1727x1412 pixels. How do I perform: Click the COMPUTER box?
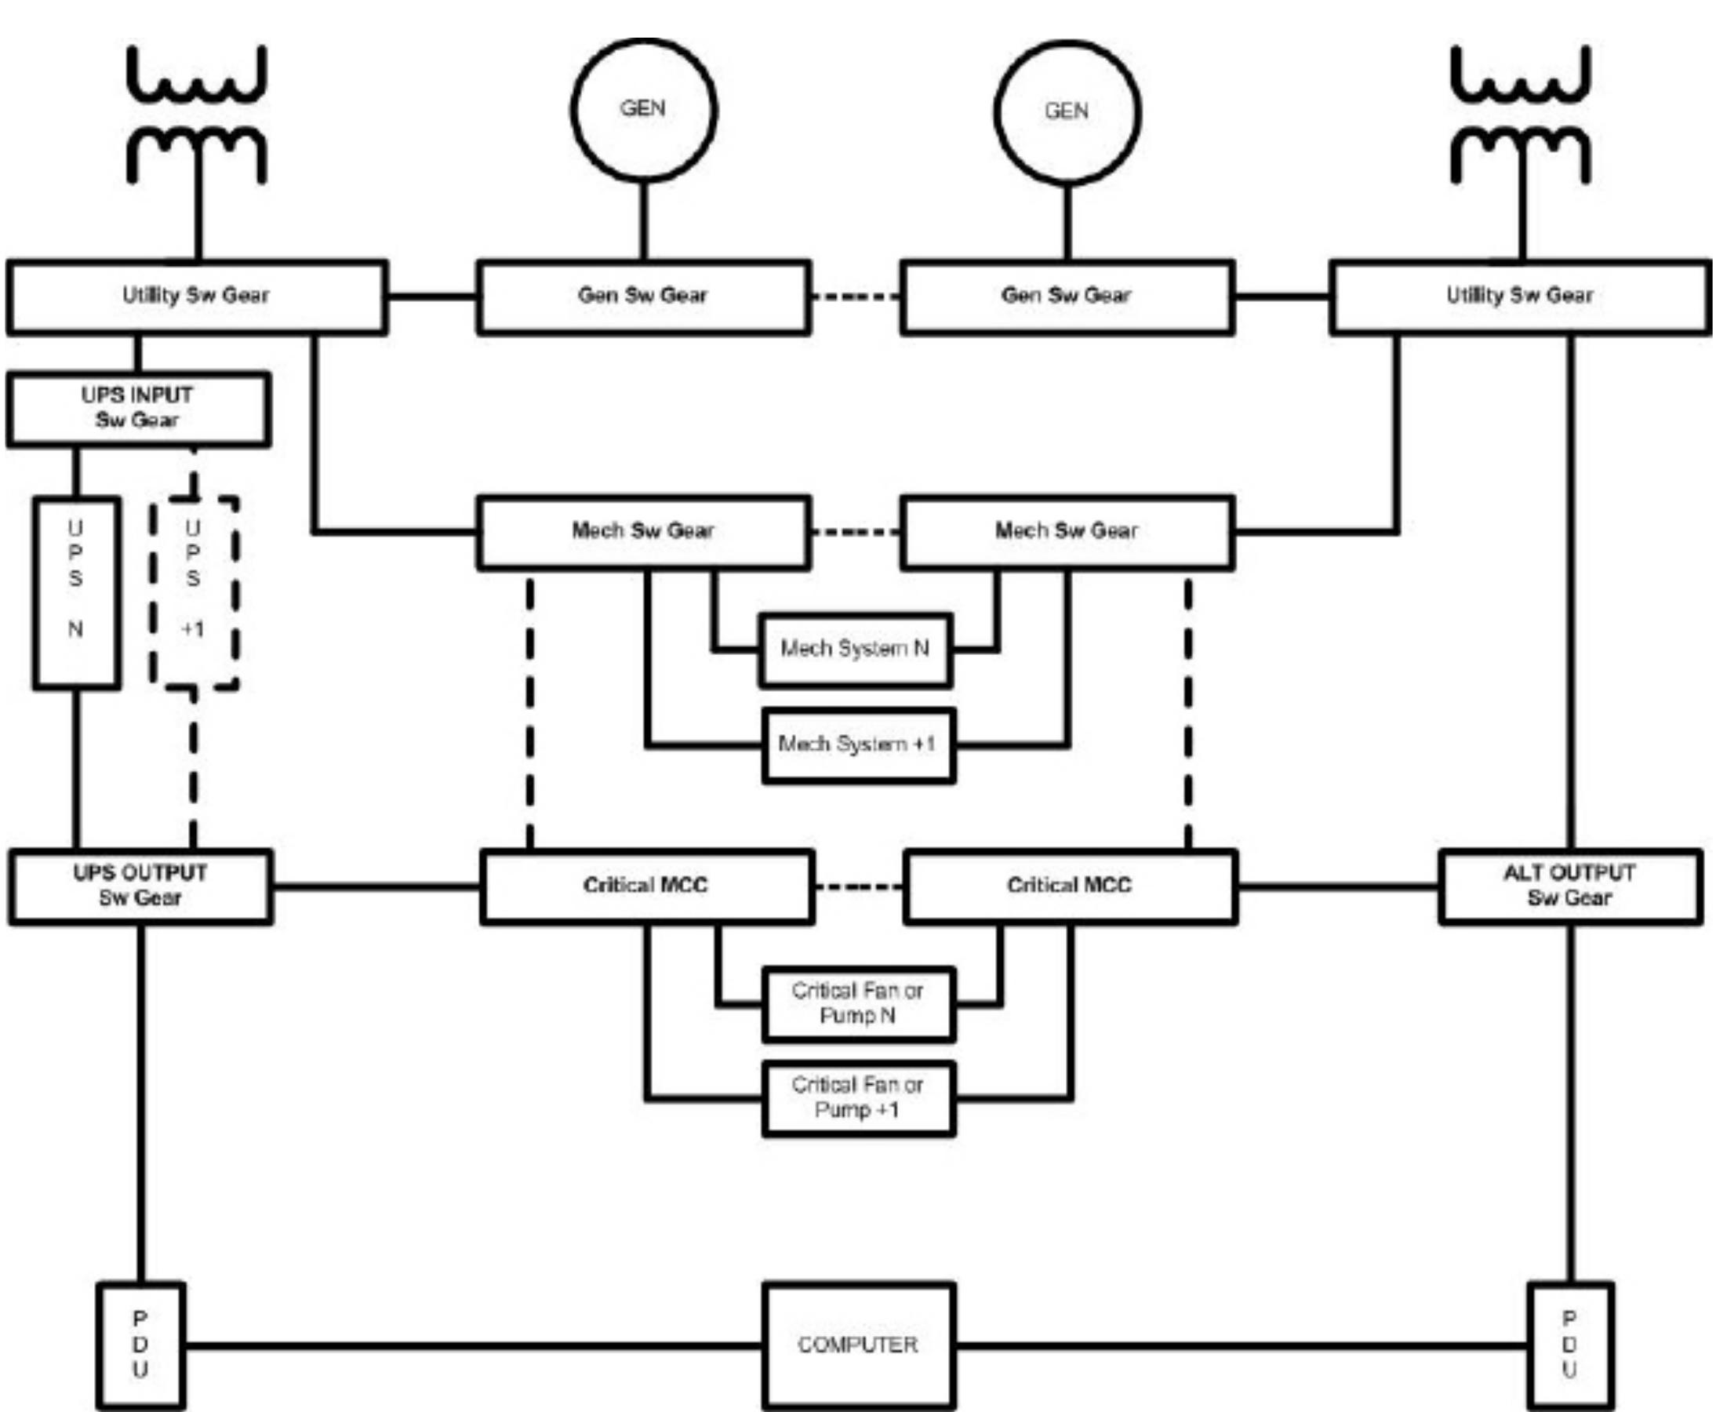pos(859,1345)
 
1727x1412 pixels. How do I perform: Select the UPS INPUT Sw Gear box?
pos(138,409)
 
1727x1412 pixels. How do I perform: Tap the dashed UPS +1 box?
pos(194,592)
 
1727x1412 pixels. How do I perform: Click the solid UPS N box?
pos(76,592)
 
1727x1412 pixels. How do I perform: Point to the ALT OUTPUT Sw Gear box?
pos(1569,886)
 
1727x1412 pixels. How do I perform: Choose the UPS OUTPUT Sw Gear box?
pos(140,886)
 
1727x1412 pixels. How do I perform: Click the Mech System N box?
pos(855,650)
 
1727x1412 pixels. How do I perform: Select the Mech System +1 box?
pos(859,745)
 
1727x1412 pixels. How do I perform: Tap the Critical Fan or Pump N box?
pos(859,1003)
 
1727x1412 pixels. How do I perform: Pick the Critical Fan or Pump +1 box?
pos(859,1098)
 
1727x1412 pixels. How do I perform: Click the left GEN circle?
pos(643,110)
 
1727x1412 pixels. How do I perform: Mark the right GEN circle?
pos(1067,111)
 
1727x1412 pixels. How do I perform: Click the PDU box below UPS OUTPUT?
pos(140,1345)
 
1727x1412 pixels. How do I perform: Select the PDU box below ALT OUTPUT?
pos(1570,1345)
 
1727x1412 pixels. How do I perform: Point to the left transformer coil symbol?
pos(197,114)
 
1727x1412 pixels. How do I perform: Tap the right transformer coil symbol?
pos(1521,114)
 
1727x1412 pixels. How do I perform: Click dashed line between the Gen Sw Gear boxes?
pos(856,297)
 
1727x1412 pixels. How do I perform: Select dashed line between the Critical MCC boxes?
pos(859,886)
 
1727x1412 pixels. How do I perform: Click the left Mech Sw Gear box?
pos(643,532)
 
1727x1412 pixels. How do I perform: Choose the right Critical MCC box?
pos(1070,886)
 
